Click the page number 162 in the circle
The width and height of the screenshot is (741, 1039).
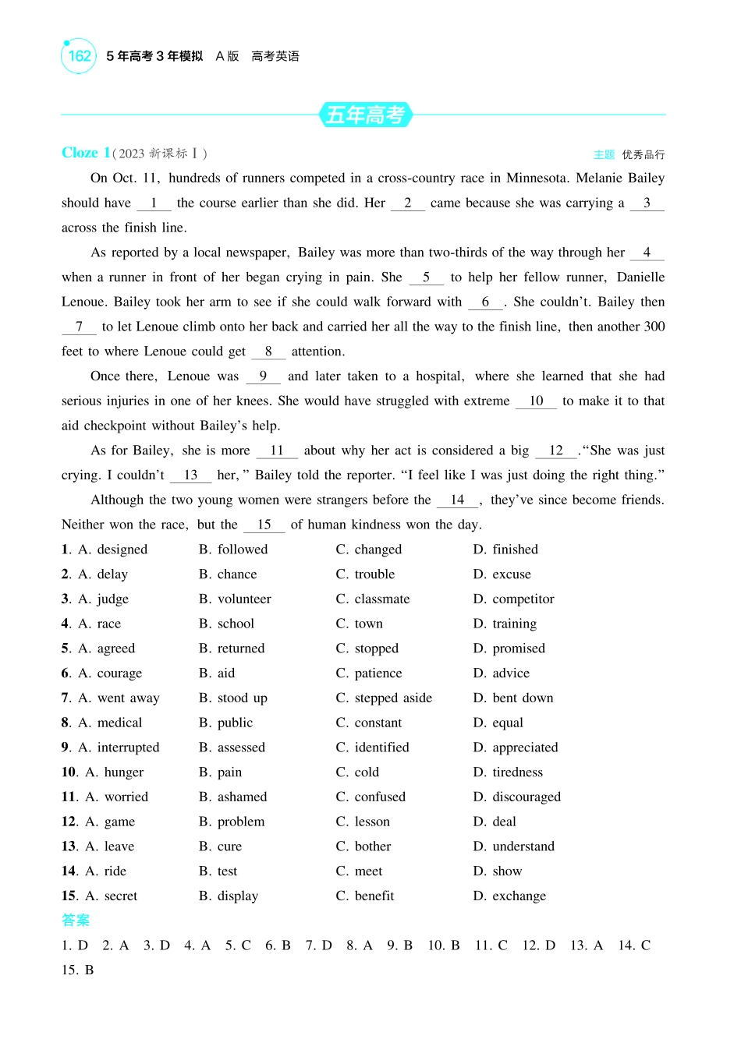click(x=79, y=56)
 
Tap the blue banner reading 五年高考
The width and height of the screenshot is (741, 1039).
click(x=365, y=115)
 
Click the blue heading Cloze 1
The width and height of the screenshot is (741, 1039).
click(x=86, y=153)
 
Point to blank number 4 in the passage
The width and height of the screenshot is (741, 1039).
click(x=647, y=253)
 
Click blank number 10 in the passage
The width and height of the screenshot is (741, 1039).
click(x=536, y=401)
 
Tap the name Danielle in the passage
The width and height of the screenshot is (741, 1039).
click(x=640, y=277)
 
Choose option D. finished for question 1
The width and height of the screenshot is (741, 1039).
click(x=505, y=550)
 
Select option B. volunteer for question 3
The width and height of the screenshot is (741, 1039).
click(x=235, y=599)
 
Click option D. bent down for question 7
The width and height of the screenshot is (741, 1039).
click(x=513, y=698)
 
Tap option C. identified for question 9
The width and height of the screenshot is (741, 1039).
click(x=373, y=747)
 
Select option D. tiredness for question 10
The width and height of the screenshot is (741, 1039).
click(x=508, y=772)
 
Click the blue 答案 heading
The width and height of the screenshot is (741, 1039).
click(x=76, y=921)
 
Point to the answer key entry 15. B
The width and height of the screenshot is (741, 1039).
click(x=78, y=970)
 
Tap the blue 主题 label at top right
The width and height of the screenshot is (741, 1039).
click(x=604, y=154)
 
